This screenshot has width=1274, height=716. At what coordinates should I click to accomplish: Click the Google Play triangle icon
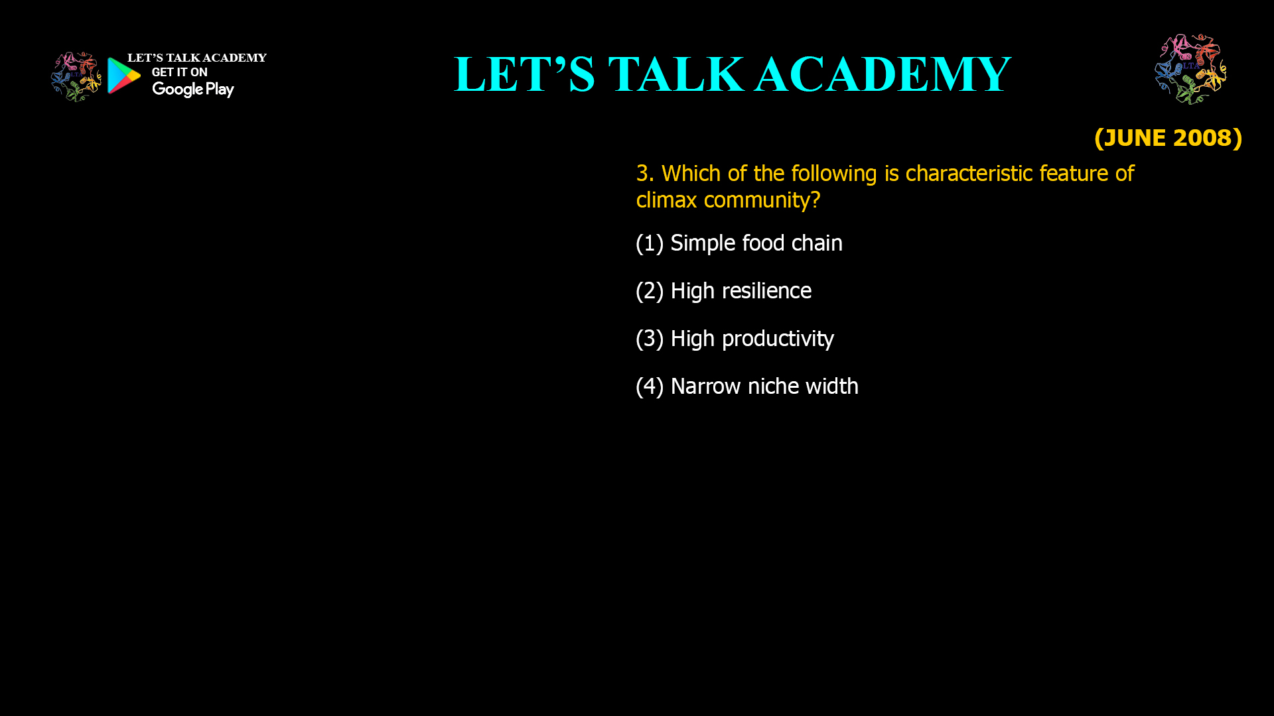click(x=123, y=76)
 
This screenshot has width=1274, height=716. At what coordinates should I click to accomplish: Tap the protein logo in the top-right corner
click(x=1191, y=69)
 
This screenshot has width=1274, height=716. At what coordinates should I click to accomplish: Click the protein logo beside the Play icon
click(x=76, y=77)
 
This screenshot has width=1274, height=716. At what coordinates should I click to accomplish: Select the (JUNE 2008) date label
click(x=1168, y=138)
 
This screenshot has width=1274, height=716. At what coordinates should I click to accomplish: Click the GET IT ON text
click(x=180, y=72)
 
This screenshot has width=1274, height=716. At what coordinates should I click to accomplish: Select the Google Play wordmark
click(x=193, y=89)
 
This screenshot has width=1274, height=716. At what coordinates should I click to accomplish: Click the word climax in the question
click(x=666, y=200)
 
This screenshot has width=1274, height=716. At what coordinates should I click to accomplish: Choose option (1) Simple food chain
click(x=739, y=243)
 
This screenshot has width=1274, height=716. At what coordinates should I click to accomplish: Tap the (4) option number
click(x=650, y=387)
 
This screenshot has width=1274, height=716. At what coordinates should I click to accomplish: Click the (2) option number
click(x=650, y=291)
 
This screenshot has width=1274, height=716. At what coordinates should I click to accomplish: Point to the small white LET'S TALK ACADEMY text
click(x=197, y=58)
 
